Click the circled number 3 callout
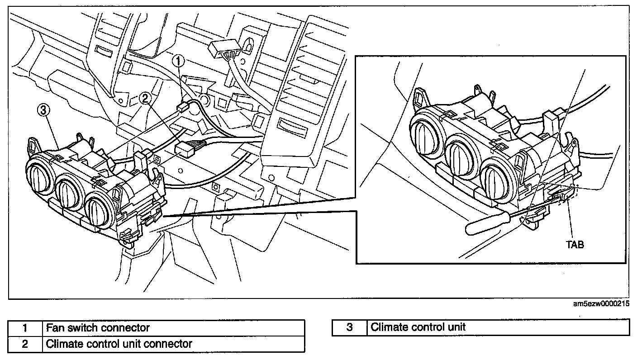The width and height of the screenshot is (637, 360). click(42, 110)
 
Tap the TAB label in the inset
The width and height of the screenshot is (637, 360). click(575, 244)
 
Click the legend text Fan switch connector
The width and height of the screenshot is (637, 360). click(98, 327)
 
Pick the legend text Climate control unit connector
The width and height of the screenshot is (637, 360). click(119, 344)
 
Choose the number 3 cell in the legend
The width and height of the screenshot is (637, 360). click(349, 327)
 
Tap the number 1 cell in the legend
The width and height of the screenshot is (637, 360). click(25, 327)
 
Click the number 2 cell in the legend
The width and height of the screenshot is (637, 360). click(25, 344)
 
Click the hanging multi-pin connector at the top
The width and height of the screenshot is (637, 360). click(222, 49)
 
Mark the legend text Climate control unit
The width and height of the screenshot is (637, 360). click(418, 327)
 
